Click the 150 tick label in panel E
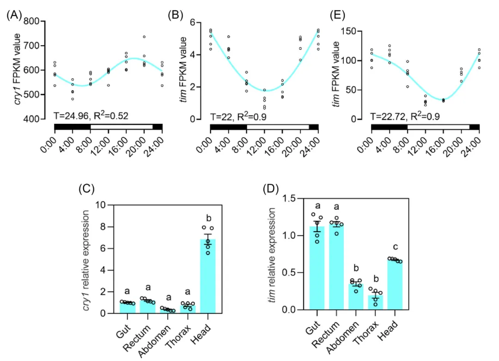pyautogui.click(x=353, y=31)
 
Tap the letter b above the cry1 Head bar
pyautogui.click(x=208, y=217)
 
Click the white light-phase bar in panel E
pyautogui.click(x=438, y=126)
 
